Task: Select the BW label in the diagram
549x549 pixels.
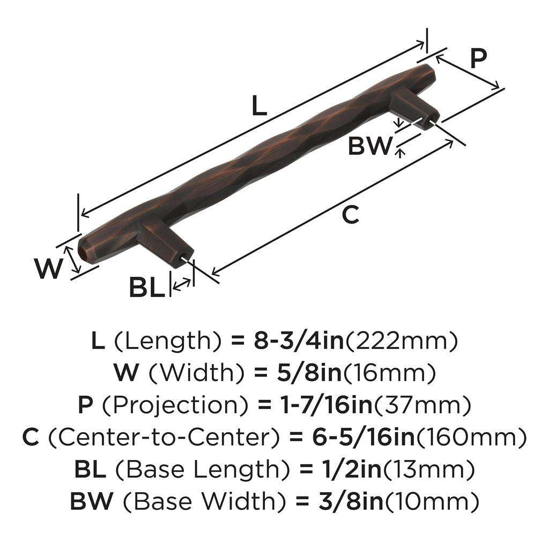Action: coord(370,146)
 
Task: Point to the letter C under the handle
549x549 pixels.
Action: coord(350,215)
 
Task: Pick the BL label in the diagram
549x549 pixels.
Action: coord(146,288)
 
